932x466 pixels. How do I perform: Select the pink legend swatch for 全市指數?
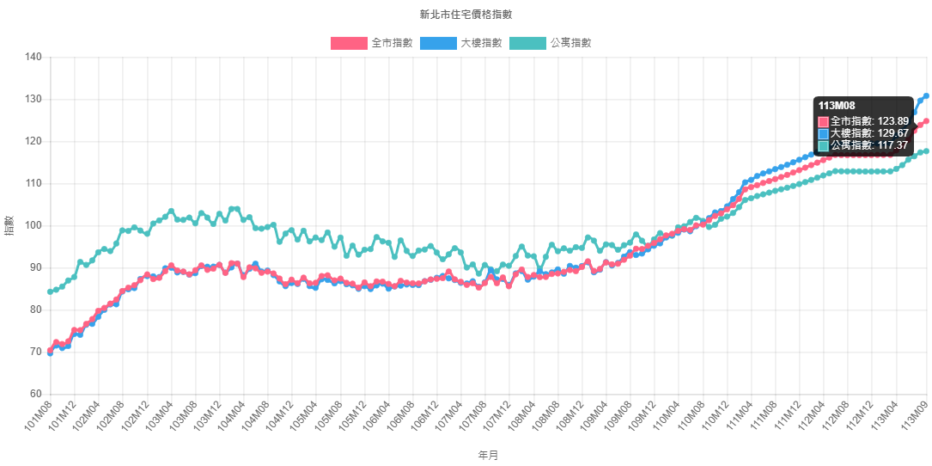pos(349,43)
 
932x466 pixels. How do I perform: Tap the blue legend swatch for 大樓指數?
pos(438,43)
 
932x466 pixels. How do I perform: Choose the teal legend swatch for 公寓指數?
pos(527,43)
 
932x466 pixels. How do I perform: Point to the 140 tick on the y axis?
pos(33,57)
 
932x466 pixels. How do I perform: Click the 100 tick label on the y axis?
pos(33,225)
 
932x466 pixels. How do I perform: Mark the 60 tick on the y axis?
pos(36,394)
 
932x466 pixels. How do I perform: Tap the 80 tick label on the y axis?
pos(36,310)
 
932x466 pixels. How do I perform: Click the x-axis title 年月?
pos(487,455)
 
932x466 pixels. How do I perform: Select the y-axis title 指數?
pos(9,226)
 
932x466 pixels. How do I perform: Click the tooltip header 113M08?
pos(837,106)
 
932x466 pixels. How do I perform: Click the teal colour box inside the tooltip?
pos(824,145)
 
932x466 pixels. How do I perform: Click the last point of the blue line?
pos(926,95)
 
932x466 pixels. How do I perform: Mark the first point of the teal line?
pos(50,291)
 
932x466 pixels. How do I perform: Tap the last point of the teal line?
pos(926,151)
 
